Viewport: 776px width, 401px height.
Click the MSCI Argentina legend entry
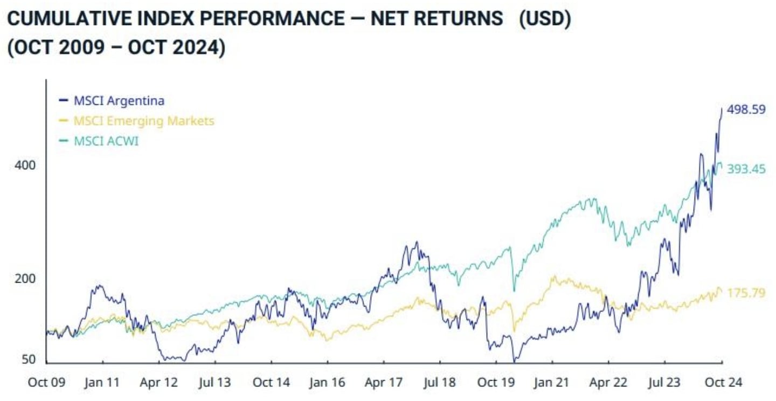click(118, 100)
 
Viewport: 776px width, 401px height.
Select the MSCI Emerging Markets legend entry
click(143, 121)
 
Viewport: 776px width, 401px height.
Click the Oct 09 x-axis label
click(47, 383)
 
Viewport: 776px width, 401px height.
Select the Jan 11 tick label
click(102, 383)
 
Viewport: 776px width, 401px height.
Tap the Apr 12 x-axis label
click(158, 383)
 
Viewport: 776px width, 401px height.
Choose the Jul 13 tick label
click(214, 383)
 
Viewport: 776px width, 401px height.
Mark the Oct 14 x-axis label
click(271, 383)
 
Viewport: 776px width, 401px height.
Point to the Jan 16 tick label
click(327, 383)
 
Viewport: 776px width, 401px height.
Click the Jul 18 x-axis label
click(439, 383)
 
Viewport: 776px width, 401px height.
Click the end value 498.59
click(746, 109)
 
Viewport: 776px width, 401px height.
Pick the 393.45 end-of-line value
click(746, 169)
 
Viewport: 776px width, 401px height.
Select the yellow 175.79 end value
click(746, 294)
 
